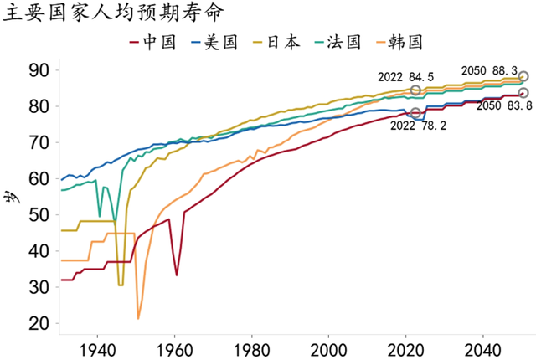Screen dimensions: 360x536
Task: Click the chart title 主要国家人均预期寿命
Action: [114, 14]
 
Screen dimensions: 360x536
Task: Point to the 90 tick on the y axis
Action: [39, 69]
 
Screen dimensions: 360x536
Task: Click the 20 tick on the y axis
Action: [39, 324]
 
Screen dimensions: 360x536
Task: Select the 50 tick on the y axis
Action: [39, 215]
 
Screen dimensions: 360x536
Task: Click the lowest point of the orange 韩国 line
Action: [138, 318]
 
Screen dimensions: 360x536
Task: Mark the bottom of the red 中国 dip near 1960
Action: [176, 275]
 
